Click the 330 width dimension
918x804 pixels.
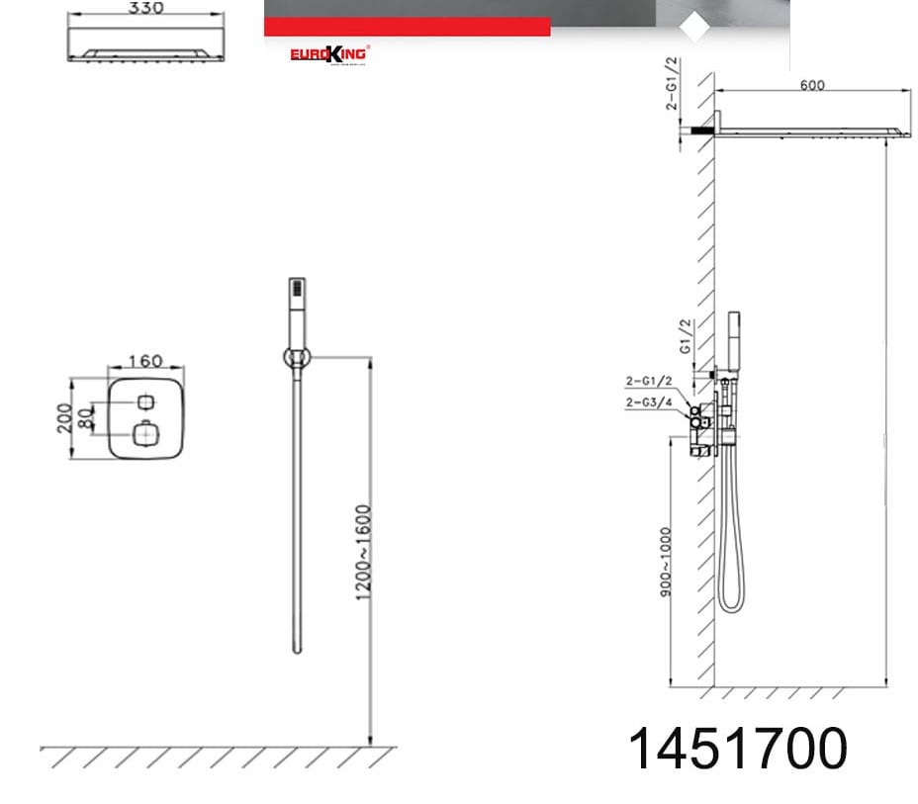coord(145,8)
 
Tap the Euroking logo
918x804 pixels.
coord(328,53)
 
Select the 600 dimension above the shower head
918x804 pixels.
coord(811,85)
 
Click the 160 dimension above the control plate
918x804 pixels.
coord(145,362)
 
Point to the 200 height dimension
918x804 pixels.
coord(64,418)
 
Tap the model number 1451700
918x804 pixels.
coord(738,749)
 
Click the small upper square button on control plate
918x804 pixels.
coord(146,402)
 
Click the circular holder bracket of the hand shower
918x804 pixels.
coord(296,358)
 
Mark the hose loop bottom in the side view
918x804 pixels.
coord(730,605)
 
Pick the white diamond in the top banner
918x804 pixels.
coord(696,28)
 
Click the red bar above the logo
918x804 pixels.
coord(406,27)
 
